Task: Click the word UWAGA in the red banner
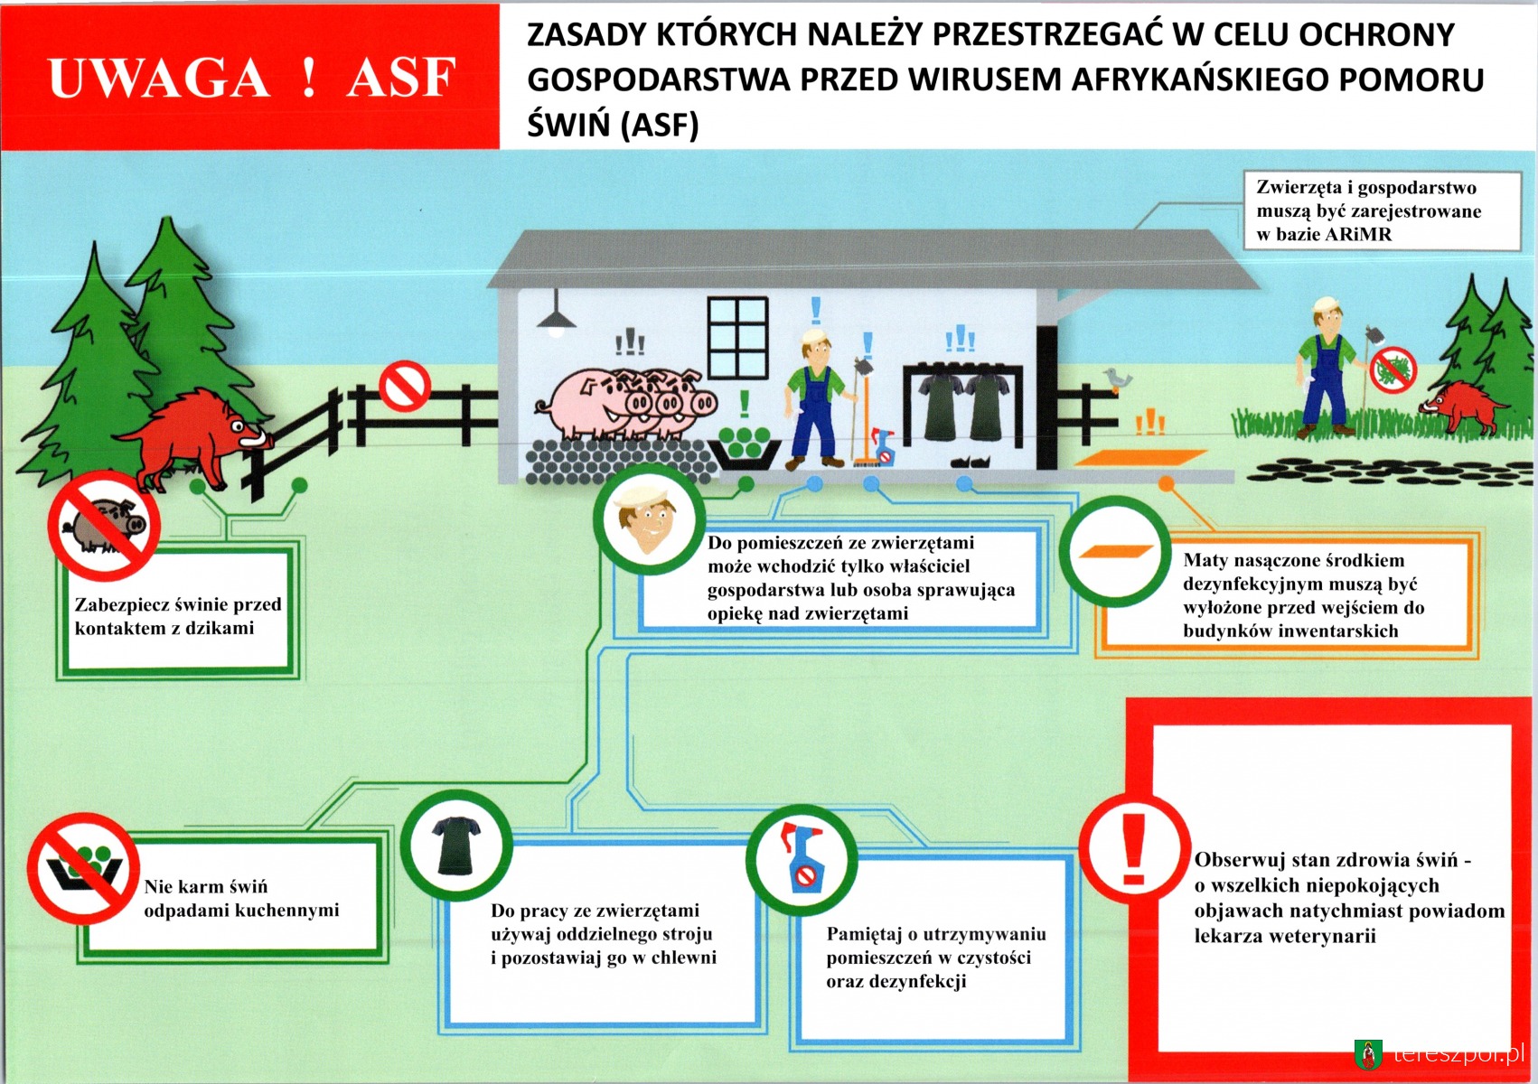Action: click(x=159, y=78)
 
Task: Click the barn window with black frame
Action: click(x=737, y=338)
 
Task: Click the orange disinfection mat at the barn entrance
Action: click(x=1140, y=457)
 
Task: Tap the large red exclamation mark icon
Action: click(x=1133, y=849)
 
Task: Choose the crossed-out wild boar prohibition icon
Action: click(x=104, y=526)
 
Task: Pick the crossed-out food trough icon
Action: click(x=83, y=868)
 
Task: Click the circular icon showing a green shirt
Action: click(x=456, y=846)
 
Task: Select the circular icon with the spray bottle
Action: click(x=802, y=859)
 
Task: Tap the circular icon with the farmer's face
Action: click(x=649, y=519)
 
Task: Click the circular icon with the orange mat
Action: click(x=1115, y=551)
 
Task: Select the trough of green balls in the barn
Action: click(x=745, y=447)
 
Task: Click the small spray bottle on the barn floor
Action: click(x=882, y=447)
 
